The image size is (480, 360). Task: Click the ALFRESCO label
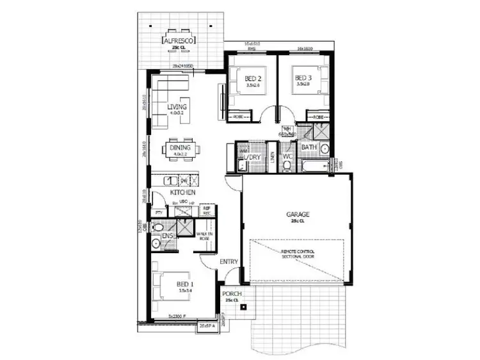pos(179,39)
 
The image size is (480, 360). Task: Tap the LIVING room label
pos(177,107)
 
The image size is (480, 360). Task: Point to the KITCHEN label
pos(182,192)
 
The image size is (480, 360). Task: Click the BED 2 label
pos(253,80)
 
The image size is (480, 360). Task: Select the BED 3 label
pos(304,80)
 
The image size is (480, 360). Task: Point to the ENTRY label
pos(228,261)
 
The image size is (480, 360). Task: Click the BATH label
pos(309,147)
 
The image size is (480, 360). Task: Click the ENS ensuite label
pos(168,236)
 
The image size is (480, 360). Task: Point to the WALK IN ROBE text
pos(204,237)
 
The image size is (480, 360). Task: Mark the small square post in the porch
pos(243,307)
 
